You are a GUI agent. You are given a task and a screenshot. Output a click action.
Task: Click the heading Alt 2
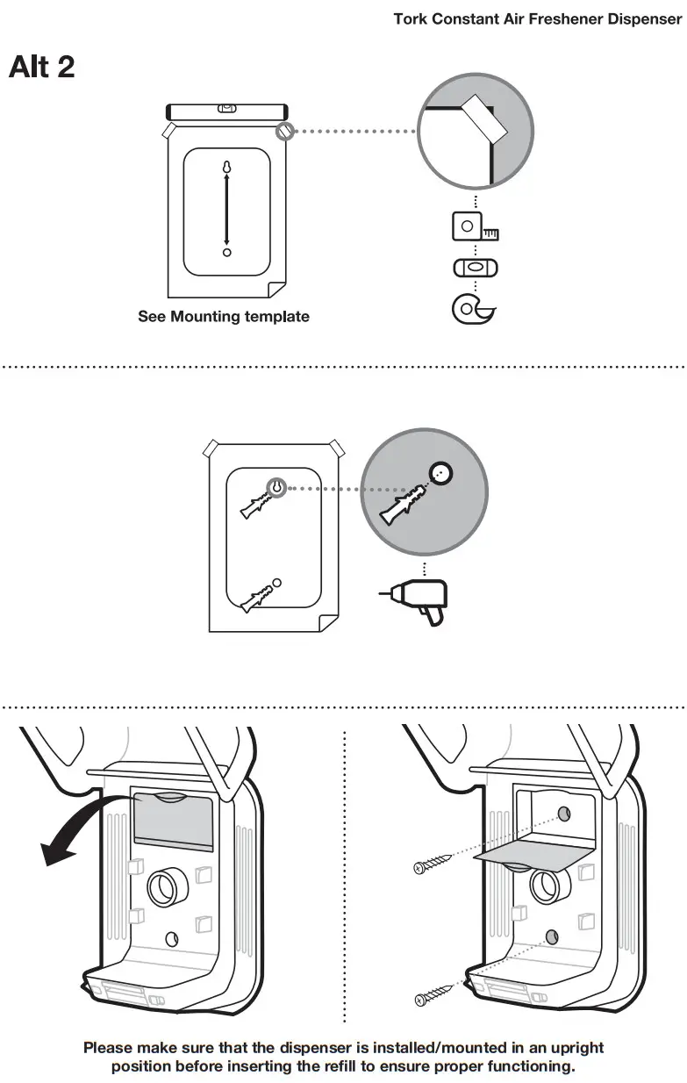click(41, 67)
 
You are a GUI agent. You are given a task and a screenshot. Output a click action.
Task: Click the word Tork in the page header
click(410, 18)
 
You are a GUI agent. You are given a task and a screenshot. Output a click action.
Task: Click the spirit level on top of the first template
click(226, 111)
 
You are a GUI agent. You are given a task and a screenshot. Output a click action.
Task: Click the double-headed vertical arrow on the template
click(226, 208)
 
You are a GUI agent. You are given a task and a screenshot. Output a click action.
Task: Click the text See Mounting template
click(224, 317)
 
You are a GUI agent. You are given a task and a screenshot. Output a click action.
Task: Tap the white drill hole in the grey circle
click(441, 474)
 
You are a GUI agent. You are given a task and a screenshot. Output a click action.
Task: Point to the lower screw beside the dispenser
click(436, 993)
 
